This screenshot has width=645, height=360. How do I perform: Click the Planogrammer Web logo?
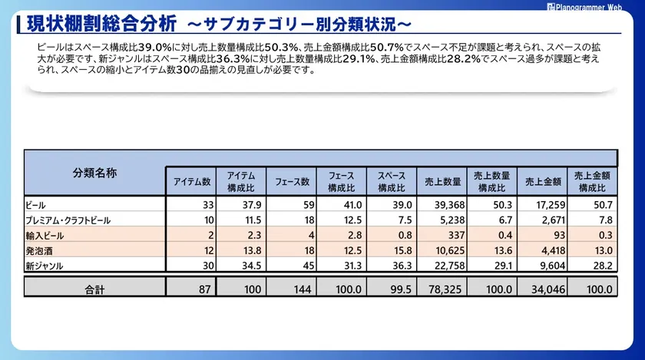click(594, 6)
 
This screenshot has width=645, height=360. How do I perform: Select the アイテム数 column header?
click(191, 182)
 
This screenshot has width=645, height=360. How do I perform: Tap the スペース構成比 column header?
click(391, 182)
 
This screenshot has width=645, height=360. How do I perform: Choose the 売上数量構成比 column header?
click(491, 182)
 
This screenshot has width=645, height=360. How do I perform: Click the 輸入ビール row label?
click(45, 235)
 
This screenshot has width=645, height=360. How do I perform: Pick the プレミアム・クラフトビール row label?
click(68, 220)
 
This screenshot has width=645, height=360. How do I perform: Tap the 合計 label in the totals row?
click(95, 289)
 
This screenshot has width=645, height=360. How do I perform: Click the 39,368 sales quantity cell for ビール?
click(445, 205)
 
